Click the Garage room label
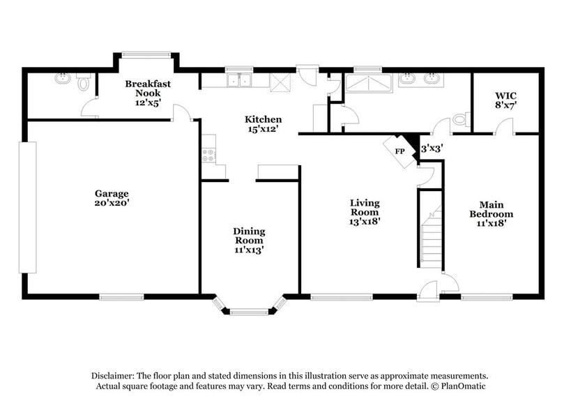coord(112,198)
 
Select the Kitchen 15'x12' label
coord(263,123)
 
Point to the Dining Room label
coord(249,240)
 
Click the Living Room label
coord(365,211)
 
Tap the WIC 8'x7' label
coord(505,100)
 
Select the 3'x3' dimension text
coord(432,148)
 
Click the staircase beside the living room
coord(432,234)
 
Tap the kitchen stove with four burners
coord(208,154)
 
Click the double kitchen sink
coord(238,81)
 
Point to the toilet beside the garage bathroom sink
coord(84,83)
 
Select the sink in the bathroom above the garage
coord(63,79)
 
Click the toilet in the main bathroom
coord(461,120)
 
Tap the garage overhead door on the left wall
coord(27,207)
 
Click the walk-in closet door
coord(504,128)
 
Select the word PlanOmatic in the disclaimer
coord(461,386)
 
